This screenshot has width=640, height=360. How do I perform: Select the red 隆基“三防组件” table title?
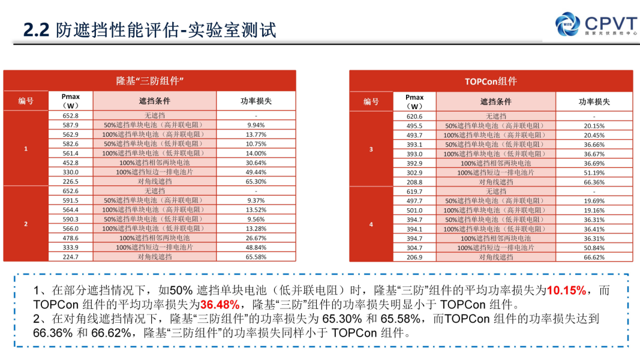149,81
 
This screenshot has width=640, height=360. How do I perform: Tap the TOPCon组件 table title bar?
491,81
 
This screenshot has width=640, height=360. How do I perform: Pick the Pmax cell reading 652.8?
70,115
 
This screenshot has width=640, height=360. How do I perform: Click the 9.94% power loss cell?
256,125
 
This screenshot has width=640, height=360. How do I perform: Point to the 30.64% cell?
256,163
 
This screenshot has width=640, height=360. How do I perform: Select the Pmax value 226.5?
70,181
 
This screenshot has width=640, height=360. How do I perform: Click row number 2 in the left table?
26,224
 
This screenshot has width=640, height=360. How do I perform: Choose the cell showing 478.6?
70,238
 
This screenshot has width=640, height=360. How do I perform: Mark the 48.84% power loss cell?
256,247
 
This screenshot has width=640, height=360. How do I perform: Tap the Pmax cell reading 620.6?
414,116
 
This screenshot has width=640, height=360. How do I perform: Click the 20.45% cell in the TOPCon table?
594,135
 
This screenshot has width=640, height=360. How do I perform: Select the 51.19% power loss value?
594,172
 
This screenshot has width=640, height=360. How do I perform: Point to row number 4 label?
371,224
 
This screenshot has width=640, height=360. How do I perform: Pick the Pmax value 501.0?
414,210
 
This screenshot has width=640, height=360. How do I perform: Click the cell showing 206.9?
414,257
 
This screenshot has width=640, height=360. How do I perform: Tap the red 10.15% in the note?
567,290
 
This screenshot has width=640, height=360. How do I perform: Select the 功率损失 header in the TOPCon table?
594,101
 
